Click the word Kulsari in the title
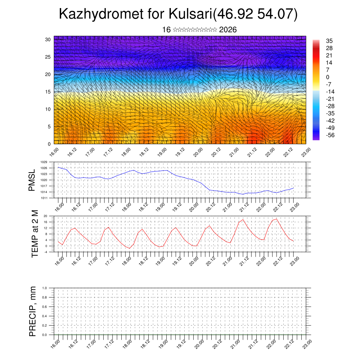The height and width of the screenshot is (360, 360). pos(190,14)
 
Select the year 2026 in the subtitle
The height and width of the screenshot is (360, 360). pos(228,30)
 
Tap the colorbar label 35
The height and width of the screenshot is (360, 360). pos(329,41)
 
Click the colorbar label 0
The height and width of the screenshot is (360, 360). pos(328,77)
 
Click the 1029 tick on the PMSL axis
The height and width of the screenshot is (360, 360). pos(44,162)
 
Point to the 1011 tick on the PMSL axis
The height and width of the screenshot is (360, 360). pos(44,198)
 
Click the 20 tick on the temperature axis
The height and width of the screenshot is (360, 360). pos(45,216)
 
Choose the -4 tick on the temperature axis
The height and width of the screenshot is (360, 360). pos(45,252)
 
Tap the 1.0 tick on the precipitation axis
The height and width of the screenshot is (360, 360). pos(45,288)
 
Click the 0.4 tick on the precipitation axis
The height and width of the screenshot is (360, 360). pos(45,316)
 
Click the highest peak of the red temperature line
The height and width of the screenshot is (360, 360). pos(277,219)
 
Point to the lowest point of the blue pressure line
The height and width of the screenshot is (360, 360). pos(243,194)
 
